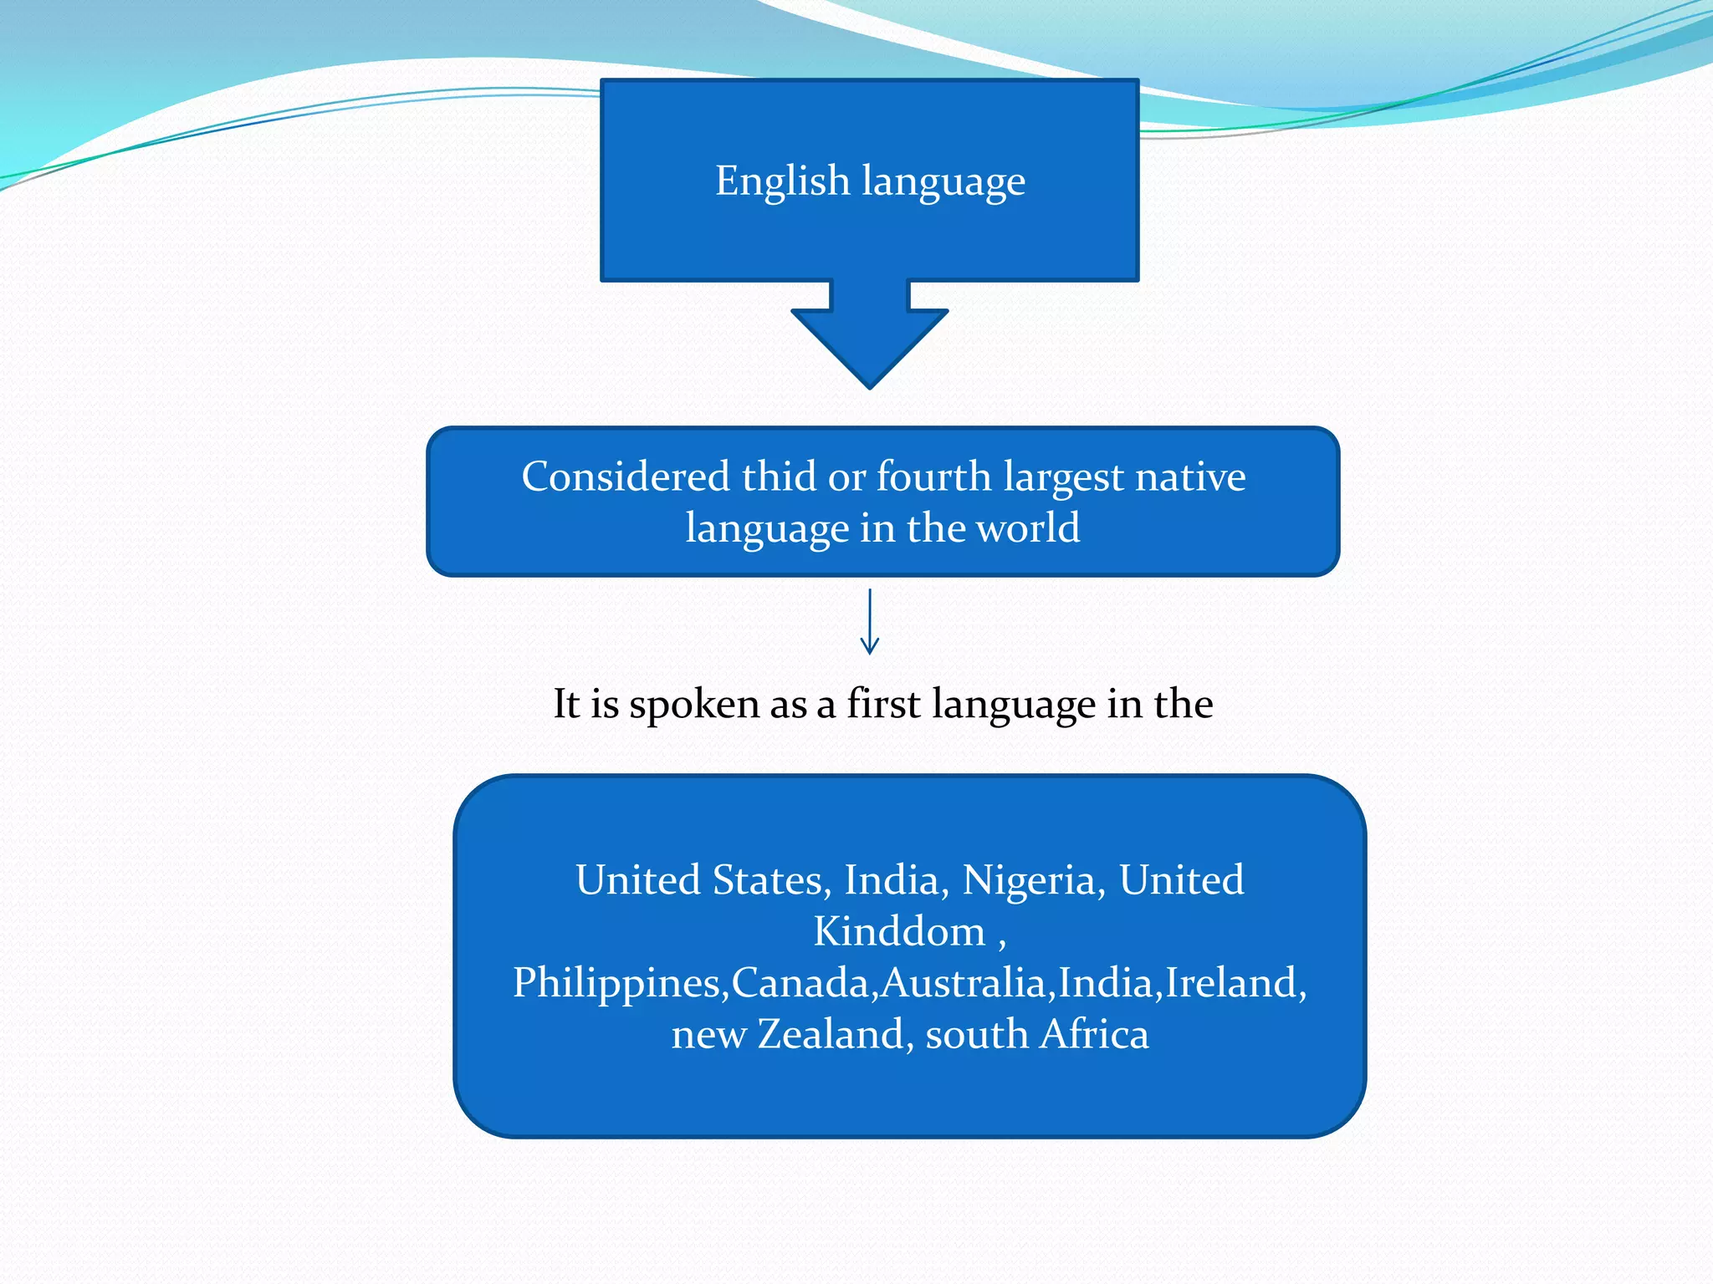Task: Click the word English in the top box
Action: pos(782,181)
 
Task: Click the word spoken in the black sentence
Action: pos(695,705)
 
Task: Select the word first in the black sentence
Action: pos(884,703)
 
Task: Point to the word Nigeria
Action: pos(1028,880)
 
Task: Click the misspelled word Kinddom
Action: pos(899,931)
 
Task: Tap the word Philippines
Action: pos(616,983)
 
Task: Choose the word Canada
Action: pos(800,982)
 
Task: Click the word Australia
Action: pos(963,982)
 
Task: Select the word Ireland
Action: pos(1231,982)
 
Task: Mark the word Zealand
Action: pos(831,1034)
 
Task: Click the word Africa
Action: pos(1094,1034)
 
